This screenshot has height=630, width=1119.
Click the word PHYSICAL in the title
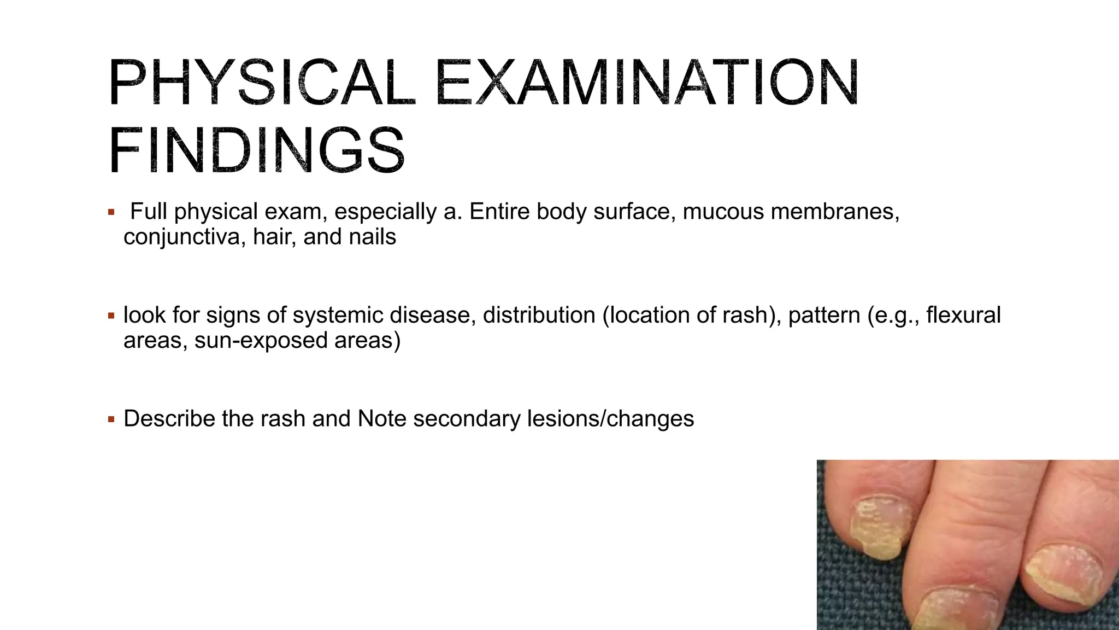pos(261,83)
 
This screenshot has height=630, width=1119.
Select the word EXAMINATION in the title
pos(647,83)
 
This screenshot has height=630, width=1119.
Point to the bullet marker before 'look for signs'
pos(111,316)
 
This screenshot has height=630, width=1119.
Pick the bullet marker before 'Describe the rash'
pos(111,419)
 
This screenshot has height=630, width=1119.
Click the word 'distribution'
pos(539,315)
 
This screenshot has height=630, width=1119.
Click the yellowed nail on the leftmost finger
pos(879,526)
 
